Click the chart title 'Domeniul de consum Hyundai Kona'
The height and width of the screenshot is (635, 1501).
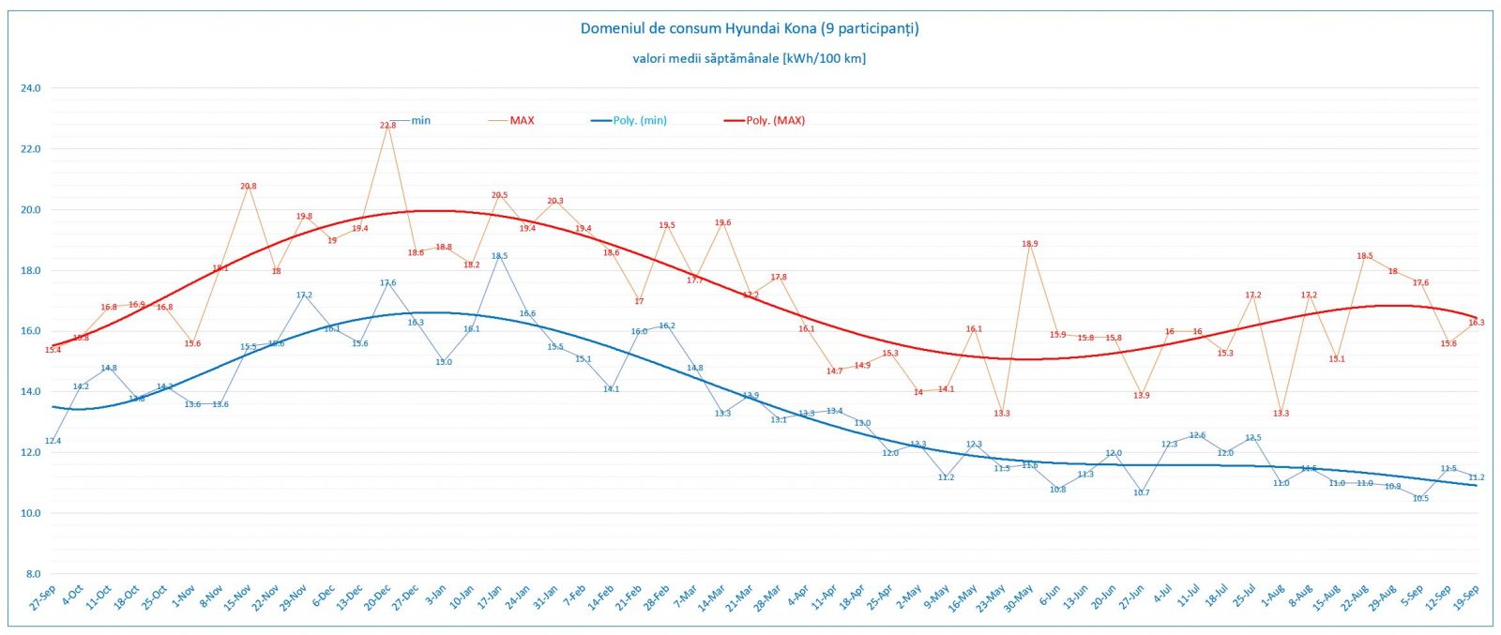pyautogui.click(x=749, y=28)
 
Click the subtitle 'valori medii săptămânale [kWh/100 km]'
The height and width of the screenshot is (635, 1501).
pyautogui.click(x=749, y=58)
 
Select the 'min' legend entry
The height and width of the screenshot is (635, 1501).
pyautogui.click(x=420, y=120)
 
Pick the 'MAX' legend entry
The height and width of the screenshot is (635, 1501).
pyautogui.click(x=522, y=120)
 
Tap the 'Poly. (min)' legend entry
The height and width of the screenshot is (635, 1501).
pyautogui.click(x=640, y=120)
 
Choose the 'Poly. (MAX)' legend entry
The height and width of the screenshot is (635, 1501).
pyautogui.click(x=775, y=120)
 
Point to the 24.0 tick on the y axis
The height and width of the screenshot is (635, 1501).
pyautogui.click(x=31, y=88)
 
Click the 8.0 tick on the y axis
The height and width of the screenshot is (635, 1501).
pyautogui.click(x=33, y=574)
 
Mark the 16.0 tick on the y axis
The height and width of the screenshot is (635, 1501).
pyautogui.click(x=31, y=331)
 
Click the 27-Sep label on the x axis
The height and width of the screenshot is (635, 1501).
pyautogui.click(x=42, y=597)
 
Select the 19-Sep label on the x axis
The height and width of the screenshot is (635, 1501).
pyautogui.click(x=1466, y=597)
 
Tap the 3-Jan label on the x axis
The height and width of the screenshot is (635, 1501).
pyautogui.click(x=436, y=596)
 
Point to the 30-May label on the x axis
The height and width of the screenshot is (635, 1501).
pyautogui.click(x=1018, y=597)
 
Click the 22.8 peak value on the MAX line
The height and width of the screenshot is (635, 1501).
pyautogui.click(x=387, y=125)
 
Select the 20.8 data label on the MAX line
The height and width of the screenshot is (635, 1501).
pyautogui.click(x=248, y=186)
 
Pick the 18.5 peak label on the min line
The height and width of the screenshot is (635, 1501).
pyautogui.click(x=499, y=255)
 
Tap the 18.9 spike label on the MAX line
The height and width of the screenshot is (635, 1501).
pyautogui.click(x=1029, y=244)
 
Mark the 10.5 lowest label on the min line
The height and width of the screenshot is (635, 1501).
pyautogui.click(x=1420, y=498)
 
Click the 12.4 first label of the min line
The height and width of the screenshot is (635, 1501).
pyautogui.click(x=53, y=441)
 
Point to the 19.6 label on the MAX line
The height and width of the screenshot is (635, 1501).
pyautogui.click(x=722, y=223)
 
